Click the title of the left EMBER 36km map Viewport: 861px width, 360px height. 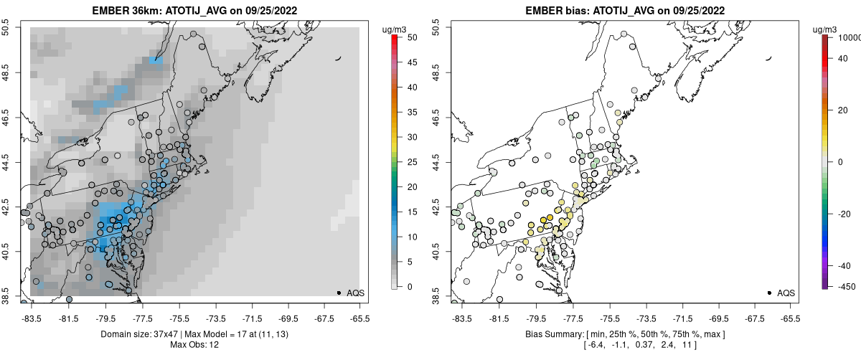[x=194, y=11]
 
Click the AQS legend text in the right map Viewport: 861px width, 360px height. [x=786, y=293]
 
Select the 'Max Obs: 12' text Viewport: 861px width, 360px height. [x=194, y=345]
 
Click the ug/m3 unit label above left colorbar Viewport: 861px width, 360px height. [x=394, y=29]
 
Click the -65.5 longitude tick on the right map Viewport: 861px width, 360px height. [x=790, y=317]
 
